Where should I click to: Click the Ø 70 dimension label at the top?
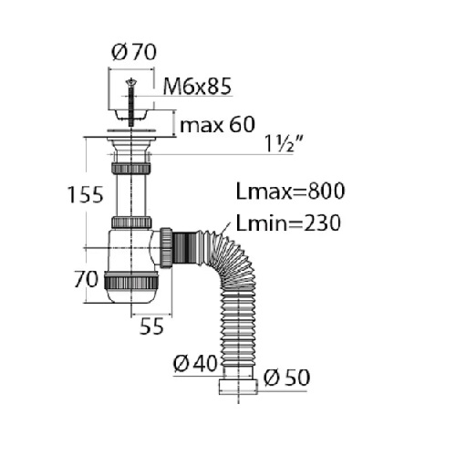point(134,52)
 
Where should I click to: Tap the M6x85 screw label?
point(197,87)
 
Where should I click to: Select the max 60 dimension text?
point(217,125)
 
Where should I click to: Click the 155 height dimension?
point(86,194)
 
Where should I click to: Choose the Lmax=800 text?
point(291,191)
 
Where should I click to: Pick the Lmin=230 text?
point(288,223)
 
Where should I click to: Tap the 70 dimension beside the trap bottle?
point(87,279)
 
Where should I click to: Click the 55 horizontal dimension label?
point(151,326)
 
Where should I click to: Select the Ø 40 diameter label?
point(195,364)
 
